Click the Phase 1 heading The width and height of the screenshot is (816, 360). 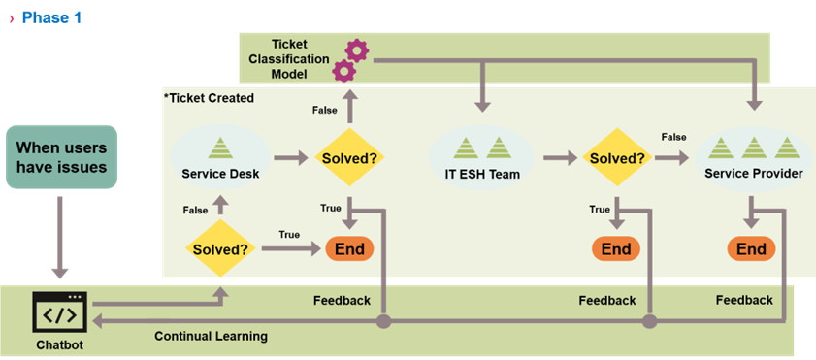pyautogui.click(x=50, y=17)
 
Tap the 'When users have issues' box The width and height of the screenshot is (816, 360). pyautogui.click(x=61, y=163)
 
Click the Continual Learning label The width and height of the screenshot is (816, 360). pyautogui.click(x=211, y=336)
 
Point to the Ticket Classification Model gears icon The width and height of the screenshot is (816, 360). pyautogui.click(x=349, y=60)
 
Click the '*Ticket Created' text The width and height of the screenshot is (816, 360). pyautogui.click(x=209, y=98)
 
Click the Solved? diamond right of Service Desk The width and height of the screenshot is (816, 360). pyautogui.click(x=348, y=157)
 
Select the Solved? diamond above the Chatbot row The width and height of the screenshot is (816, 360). pyautogui.click(x=220, y=248)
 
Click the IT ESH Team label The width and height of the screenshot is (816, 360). pyautogui.click(x=483, y=175)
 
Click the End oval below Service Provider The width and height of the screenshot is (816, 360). pyautogui.click(x=751, y=248)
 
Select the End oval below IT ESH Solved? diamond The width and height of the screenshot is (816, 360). pyautogui.click(x=615, y=248)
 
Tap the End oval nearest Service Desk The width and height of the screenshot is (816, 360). pyautogui.click(x=349, y=248)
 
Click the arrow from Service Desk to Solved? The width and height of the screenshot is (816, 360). pyautogui.click(x=290, y=156)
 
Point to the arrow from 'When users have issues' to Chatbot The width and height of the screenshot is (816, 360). pyautogui.click(x=61, y=239)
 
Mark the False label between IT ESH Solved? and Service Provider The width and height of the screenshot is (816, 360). pyautogui.click(x=675, y=138)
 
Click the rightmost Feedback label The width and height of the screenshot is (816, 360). pyautogui.click(x=744, y=301)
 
